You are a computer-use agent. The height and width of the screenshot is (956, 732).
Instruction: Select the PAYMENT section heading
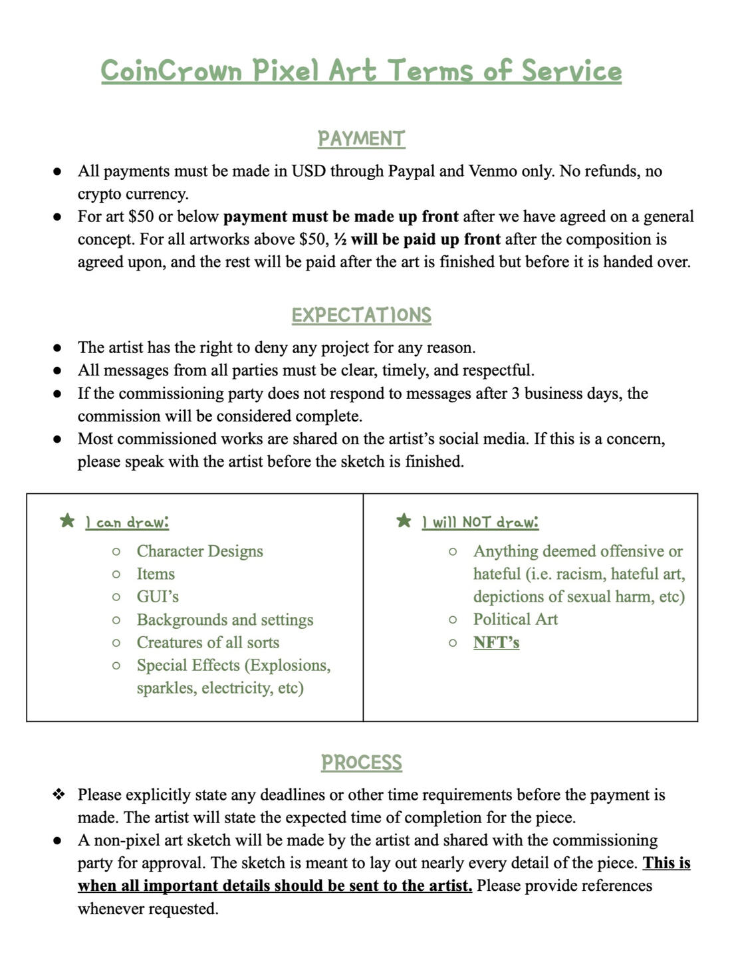coord(361,139)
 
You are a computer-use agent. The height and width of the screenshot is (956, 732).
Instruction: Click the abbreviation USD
coord(308,172)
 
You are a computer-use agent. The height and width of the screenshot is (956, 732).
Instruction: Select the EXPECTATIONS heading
coord(361,315)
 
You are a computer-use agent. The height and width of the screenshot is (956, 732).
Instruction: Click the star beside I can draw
coord(67,521)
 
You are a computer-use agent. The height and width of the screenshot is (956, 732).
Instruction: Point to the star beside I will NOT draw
coord(404,521)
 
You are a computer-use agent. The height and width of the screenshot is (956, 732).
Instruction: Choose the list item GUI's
coord(158,597)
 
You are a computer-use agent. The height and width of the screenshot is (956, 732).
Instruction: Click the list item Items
coord(156,574)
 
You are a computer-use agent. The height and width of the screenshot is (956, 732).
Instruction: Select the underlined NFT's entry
coord(496,643)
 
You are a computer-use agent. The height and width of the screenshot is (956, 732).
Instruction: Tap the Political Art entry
coord(515,620)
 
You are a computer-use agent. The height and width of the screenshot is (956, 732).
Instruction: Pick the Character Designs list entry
coord(199,552)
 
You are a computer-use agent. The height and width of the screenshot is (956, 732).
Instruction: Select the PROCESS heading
coord(361,763)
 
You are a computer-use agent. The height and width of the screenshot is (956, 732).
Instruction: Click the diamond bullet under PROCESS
coord(59,794)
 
